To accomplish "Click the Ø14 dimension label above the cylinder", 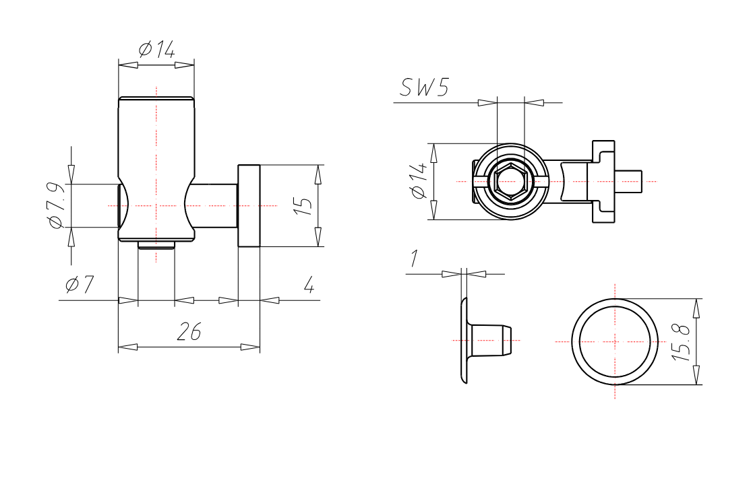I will pos(156,49).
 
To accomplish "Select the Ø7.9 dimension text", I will pos(57,205).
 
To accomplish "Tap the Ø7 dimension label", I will pos(80,285).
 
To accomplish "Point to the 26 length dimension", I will pos(189,331).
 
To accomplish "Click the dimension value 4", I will pos(308,285).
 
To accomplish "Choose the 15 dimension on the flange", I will pos(305,205).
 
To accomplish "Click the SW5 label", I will pos(424,88).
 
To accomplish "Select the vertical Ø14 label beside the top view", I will pos(419,180).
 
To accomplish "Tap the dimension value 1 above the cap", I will pos(415,259).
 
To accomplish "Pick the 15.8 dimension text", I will pos(682,342).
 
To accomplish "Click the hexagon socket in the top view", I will pos(510,180).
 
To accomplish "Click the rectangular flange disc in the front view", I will pos(249,205).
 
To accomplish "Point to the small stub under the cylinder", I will pos(156,245).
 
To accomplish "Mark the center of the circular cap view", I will pos(615,341).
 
